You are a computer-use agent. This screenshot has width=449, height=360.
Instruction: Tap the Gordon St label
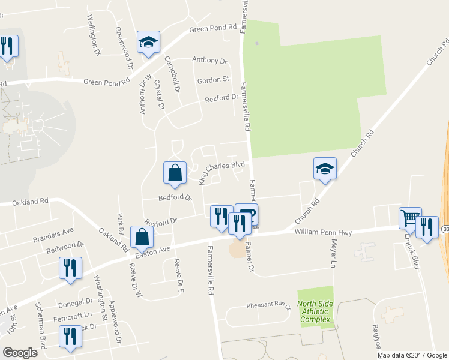tap(214, 79)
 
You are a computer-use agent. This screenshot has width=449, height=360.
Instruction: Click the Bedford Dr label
tap(174, 197)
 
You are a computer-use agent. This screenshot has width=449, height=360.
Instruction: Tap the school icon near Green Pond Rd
tap(148, 43)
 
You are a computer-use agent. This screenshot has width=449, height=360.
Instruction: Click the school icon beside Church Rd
tap(325, 169)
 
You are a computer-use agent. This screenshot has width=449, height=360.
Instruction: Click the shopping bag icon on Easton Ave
tap(143, 238)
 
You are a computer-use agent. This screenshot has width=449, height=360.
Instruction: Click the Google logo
tap(20, 353)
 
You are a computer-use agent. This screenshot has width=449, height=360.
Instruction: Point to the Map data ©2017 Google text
tap(412, 355)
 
